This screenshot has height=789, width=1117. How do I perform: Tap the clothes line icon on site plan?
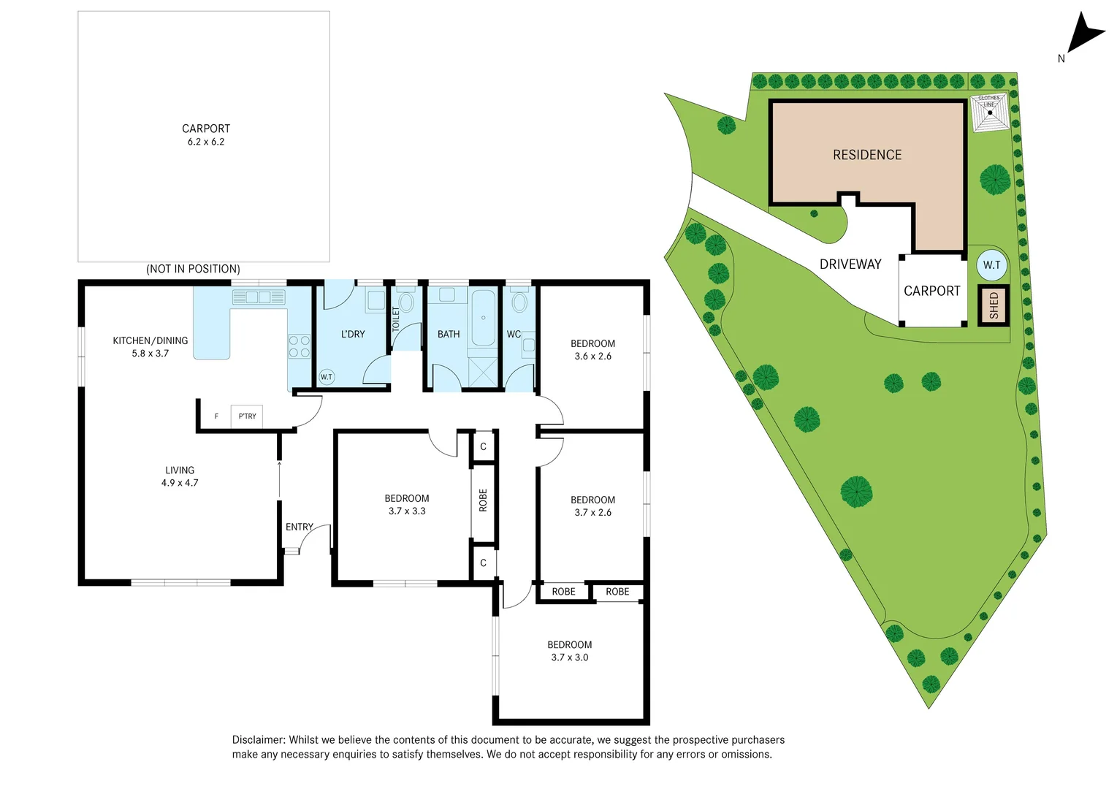point(989,113)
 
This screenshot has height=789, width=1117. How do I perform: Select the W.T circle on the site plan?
point(991,265)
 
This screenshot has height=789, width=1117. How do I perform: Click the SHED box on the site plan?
point(994,305)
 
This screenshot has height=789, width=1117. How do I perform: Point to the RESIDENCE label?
point(867,155)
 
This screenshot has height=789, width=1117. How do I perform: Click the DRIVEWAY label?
point(850,264)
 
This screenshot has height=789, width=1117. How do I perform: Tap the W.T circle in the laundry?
point(326,377)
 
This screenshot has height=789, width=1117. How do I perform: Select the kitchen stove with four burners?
point(299,346)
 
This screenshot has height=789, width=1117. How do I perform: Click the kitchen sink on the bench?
point(259,297)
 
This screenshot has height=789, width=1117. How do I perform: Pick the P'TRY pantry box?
point(247,416)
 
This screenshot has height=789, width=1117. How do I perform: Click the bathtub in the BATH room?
point(483,318)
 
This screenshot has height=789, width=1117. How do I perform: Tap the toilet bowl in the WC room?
point(519,302)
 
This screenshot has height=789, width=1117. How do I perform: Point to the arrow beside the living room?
point(279,479)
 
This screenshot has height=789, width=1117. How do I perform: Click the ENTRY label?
point(299,527)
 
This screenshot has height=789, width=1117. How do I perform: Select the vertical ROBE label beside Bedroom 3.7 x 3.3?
point(483,500)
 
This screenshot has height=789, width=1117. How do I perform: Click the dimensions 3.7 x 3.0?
point(569,657)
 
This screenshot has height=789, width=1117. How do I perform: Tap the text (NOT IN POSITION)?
point(193,269)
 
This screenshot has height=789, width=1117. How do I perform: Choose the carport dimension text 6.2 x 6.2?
point(206,142)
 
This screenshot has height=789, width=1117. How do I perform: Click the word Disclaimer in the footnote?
point(258,740)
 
